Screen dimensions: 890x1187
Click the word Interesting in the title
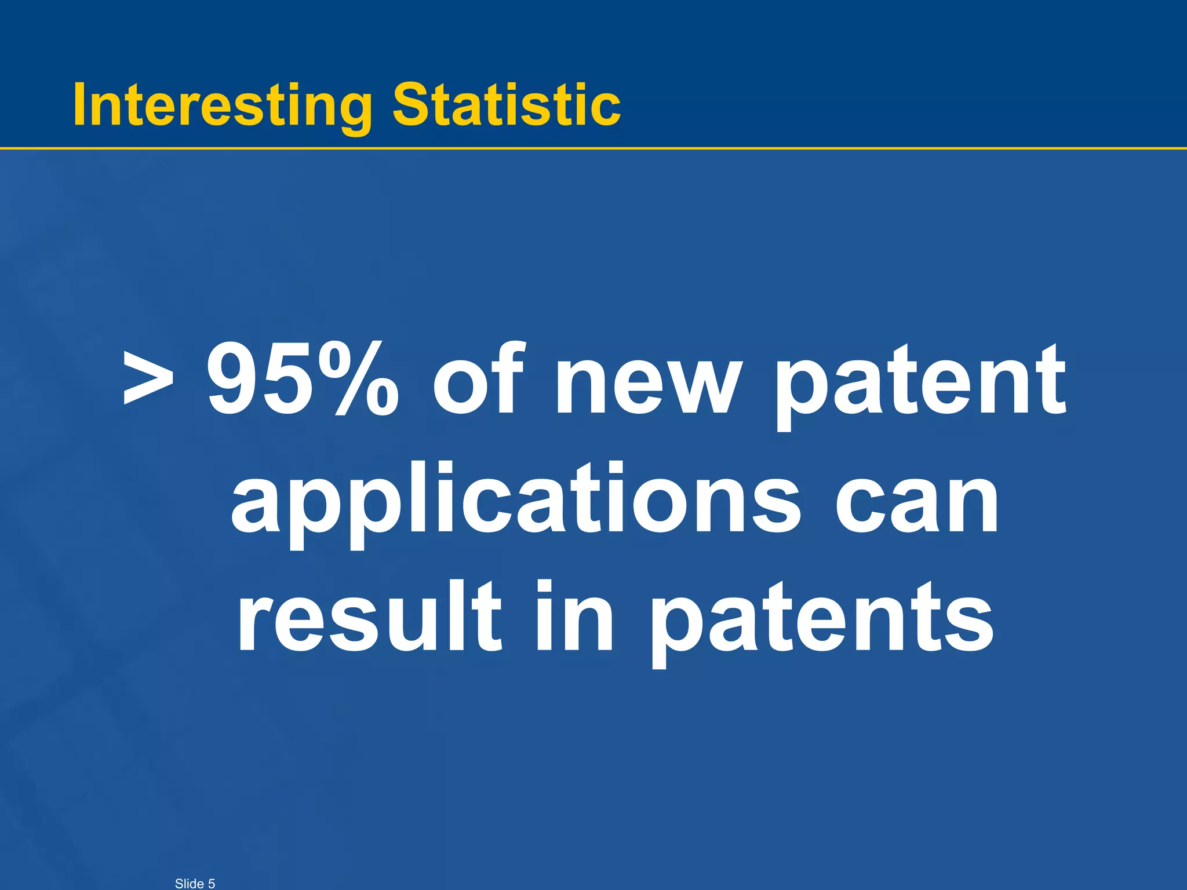pyautogui.click(x=223, y=105)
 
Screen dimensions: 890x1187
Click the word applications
pyautogui.click(x=515, y=501)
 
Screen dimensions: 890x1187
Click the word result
pyautogui.click(x=369, y=617)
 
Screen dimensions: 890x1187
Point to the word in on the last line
pyautogui.click(x=574, y=617)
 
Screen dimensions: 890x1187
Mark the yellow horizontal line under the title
pyautogui.click(x=593, y=148)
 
